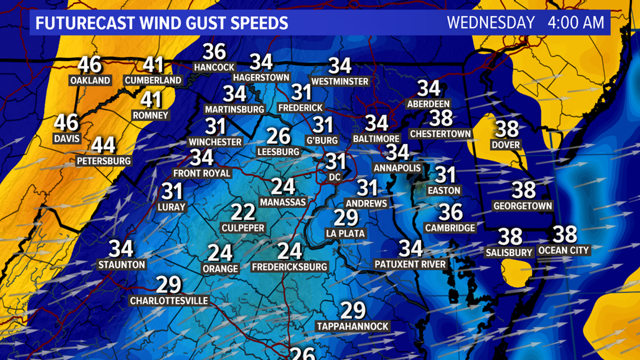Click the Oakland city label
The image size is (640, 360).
[x=90, y=80]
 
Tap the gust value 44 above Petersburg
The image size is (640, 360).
[x=103, y=145]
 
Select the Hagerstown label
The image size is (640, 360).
[x=260, y=77]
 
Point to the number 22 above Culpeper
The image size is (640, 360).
[x=243, y=213]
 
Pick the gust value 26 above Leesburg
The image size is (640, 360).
[x=278, y=136]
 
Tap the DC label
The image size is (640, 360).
[x=336, y=177]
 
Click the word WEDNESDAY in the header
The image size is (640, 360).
[x=491, y=23]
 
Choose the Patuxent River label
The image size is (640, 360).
[x=410, y=264]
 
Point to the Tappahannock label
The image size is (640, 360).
[x=353, y=326]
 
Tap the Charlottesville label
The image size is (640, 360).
[x=169, y=300]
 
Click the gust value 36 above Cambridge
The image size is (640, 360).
[x=450, y=212]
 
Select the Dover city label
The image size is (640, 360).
[x=506, y=145]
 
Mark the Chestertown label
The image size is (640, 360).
[x=441, y=134]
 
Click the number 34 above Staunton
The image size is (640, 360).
[x=121, y=248]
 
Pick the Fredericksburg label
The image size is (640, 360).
[x=290, y=267]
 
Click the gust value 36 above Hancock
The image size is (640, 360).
[x=214, y=52]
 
